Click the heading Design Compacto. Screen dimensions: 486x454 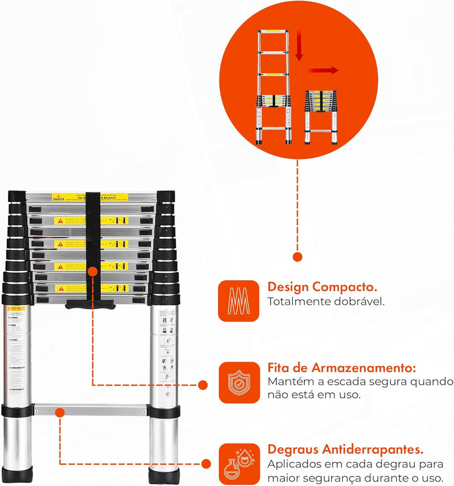click(x=322, y=287)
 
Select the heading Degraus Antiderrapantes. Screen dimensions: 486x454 click(x=346, y=450)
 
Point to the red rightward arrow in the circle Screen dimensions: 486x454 click(x=323, y=70)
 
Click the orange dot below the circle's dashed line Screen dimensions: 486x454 click(x=297, y=257)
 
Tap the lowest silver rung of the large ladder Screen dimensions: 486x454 click(x=91, y=409)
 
